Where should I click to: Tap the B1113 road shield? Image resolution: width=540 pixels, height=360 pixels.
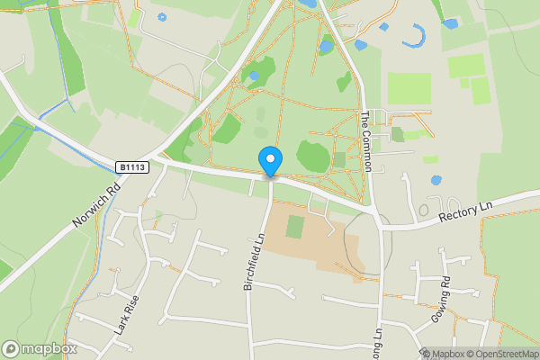(x=131, y=167)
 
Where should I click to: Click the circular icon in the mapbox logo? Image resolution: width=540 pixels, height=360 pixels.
(x=12, y=348)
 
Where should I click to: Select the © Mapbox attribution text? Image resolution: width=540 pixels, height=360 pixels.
(x=439, y=354)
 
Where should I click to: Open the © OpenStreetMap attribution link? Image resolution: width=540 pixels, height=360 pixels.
(x=501, y=354)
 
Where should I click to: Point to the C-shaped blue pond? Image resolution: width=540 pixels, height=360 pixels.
(x=416, y=37)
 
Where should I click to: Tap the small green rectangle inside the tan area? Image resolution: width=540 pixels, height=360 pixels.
(x=294, y=227)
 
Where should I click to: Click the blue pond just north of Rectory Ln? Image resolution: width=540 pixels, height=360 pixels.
(x=436, y=180)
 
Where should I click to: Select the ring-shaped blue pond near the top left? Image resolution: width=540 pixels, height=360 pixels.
(x=162, y=17)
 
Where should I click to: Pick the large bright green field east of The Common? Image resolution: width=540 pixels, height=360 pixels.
(x=409, y=88)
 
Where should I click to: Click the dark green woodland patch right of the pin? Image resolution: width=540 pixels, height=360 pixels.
(x=312, y=157)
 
